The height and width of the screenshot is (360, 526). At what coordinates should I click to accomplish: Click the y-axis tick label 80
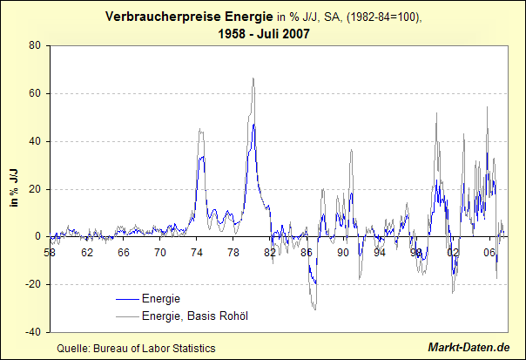pos(35,45)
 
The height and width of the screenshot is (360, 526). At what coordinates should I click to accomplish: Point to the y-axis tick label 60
pos(35,93)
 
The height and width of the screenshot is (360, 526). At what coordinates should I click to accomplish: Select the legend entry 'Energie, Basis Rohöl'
pos(195,316)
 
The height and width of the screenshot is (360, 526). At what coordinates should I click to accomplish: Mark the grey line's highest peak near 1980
pos(253,78)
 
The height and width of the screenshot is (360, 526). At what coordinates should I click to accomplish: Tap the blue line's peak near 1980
pos(254,125)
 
